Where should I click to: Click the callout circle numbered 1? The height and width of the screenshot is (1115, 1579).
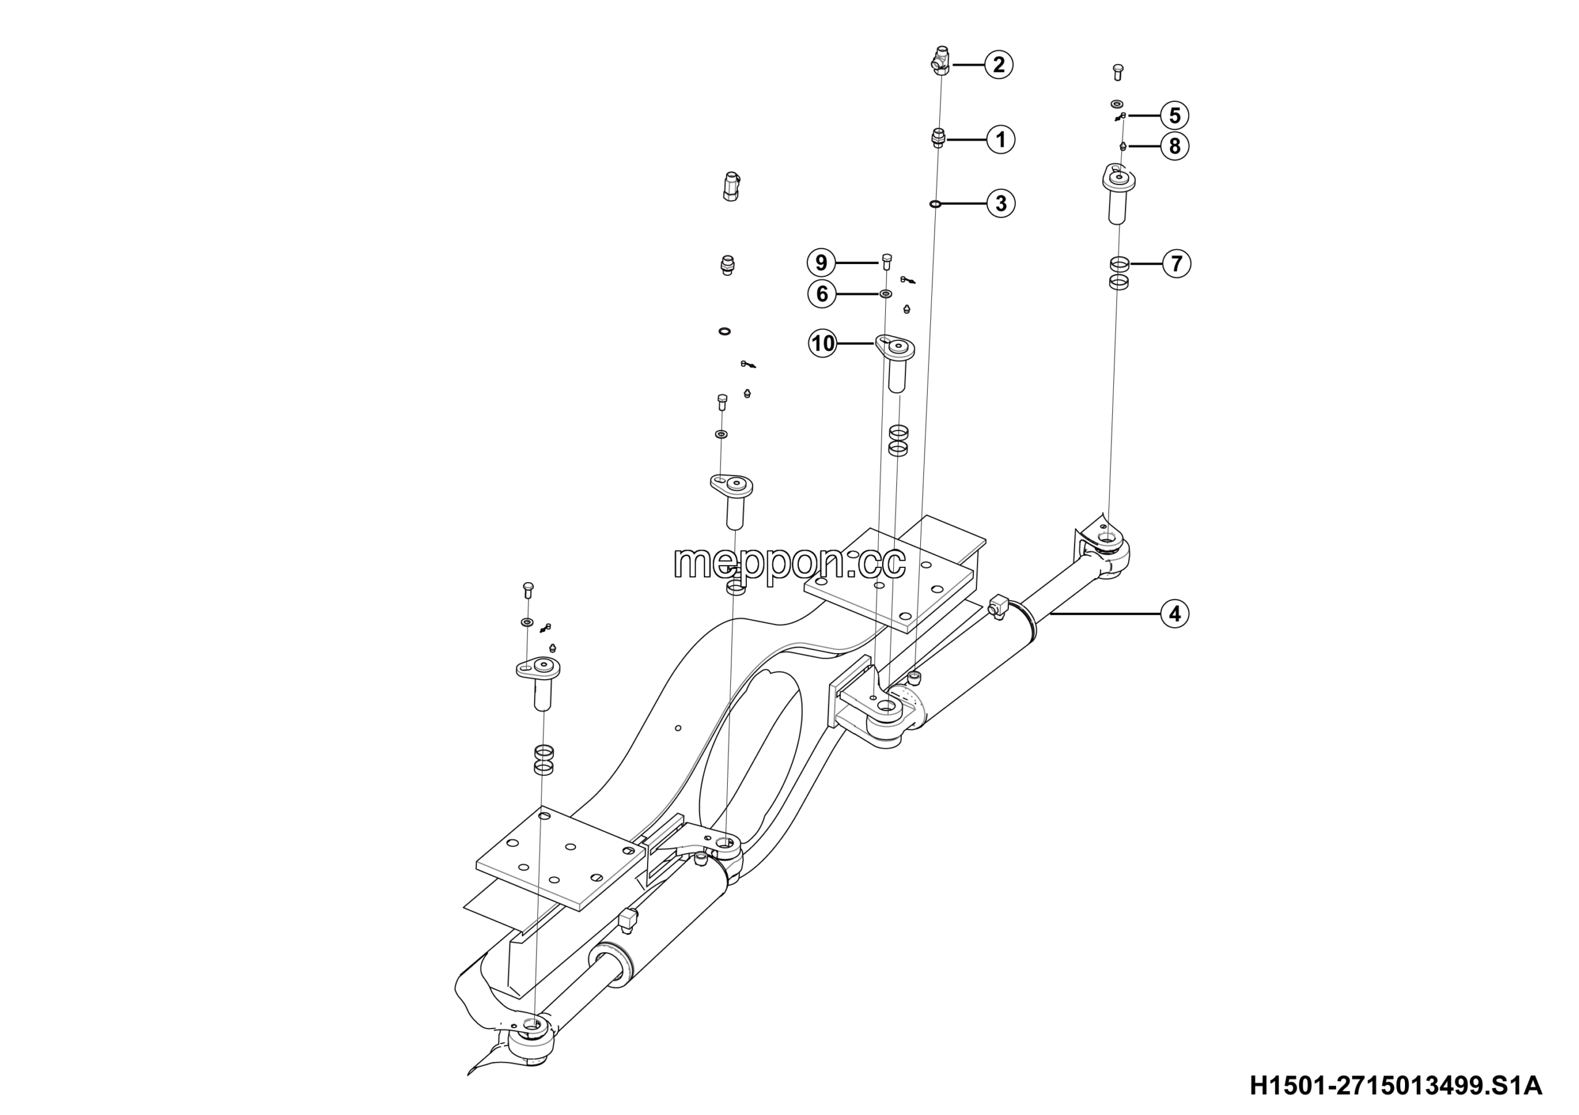tap(1000, 139)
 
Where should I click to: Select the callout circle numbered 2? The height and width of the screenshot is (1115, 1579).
tap(999, 65)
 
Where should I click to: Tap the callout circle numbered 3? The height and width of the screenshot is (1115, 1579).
tap(1000, 204)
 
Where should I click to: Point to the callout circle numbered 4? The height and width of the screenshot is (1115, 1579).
tap(1174, 613)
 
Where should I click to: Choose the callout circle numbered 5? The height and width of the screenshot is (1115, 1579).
tap(1174, 115)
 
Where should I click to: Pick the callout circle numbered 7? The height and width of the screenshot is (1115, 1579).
tap(1177, 264)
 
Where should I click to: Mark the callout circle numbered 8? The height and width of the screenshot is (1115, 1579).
tap(1174, 146)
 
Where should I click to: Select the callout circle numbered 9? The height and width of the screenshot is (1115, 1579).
tap(821, 263)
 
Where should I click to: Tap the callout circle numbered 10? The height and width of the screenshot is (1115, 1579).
tap(823, 343)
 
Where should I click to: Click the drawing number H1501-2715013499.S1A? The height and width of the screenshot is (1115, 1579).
tap(1395, 1086)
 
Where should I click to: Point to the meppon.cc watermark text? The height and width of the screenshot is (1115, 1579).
tap(789, 563)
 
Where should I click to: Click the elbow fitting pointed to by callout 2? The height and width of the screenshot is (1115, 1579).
tap(940, 59)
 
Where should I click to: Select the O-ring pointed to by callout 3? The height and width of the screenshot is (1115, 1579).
tap(934, 204)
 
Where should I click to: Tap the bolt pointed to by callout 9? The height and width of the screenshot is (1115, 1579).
tap(886, 263)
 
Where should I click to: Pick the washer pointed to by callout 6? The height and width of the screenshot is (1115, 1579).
tap(886, 294)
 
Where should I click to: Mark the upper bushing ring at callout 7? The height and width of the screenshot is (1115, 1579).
tap(1119, 264)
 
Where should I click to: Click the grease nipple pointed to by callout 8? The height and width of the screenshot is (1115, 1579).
tap(1123, 146)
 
